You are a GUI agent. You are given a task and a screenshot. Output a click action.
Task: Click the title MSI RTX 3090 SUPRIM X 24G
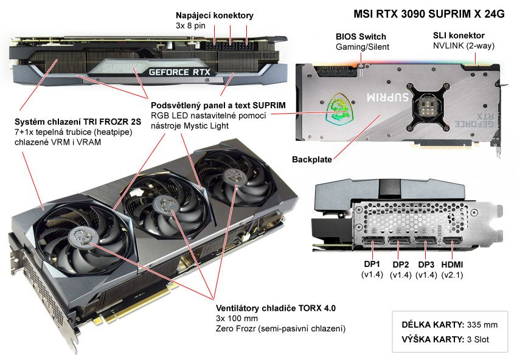[429, 14]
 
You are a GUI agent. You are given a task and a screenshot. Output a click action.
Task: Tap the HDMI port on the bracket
[452, 243]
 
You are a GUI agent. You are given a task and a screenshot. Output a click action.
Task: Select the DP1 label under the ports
[372, 264]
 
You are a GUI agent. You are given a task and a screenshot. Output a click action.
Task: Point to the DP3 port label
[426, 265]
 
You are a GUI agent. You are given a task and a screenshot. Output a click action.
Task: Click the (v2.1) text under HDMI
[452, 275]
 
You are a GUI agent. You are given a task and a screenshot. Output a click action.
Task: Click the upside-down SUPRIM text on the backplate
[388, 97]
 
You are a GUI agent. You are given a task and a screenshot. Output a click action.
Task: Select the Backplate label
[312, 159]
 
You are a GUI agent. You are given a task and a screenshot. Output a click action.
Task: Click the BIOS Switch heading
[361, 36]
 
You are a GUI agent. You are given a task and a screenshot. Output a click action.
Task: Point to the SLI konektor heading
[459, 36]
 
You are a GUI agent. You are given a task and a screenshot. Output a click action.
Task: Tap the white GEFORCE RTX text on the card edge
[179, 72]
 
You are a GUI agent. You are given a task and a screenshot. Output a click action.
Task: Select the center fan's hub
[166, 204]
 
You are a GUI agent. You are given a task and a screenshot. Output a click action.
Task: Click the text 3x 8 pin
[190, 26]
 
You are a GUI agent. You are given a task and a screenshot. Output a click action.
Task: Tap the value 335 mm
[482, 325]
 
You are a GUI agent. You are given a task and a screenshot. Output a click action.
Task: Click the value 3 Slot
[478, 339]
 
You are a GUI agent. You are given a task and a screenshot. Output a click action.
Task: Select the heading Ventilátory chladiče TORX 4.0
[276, 308]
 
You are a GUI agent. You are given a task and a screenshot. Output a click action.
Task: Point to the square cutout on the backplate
[428, 103]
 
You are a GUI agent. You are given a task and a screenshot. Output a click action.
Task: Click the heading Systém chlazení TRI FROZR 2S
[78, 122]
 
